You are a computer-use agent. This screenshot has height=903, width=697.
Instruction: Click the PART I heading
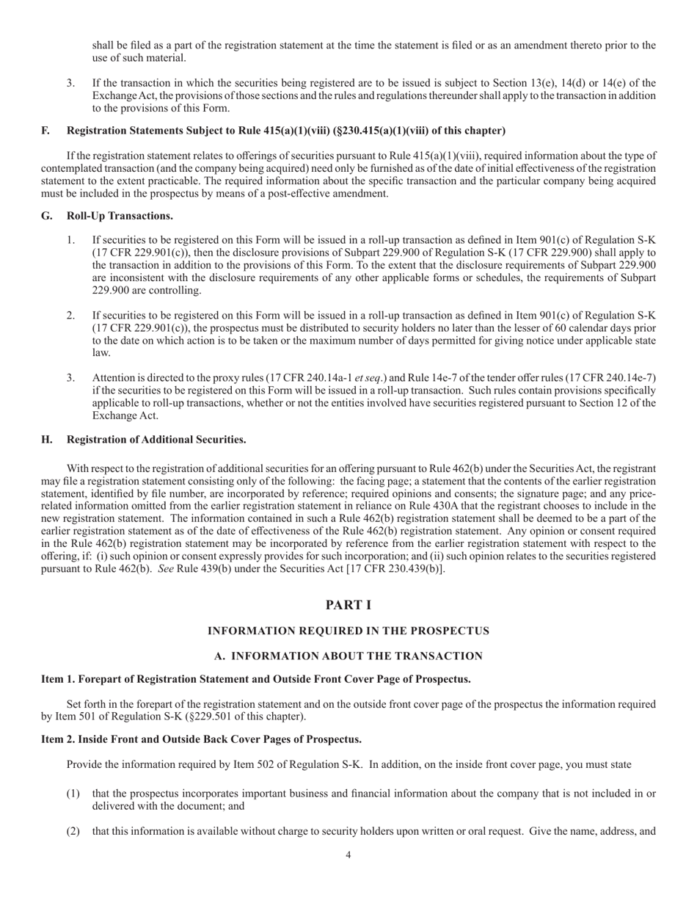pyautogui.click(x=348, y=605)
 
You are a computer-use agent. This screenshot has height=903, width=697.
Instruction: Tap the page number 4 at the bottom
pyautogui.click(x=348, y=855)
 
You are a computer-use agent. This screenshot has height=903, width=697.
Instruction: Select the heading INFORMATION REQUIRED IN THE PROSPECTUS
pyautogui.click(x=348, y=631)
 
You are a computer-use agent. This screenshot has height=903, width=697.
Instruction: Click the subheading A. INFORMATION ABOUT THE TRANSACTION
pyautogui.click(x=348, y=656)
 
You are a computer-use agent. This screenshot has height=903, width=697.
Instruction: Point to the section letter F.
pyautogui.click(x=45, y=131)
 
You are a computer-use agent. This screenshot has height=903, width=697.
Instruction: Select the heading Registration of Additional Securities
pyautogui.click(x=156, y=440)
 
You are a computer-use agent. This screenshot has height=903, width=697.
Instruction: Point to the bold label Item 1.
pyautogui.click(x=58, y=679)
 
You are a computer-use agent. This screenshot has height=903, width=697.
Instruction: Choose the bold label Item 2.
pyautogui.click(x=58, y=739)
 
